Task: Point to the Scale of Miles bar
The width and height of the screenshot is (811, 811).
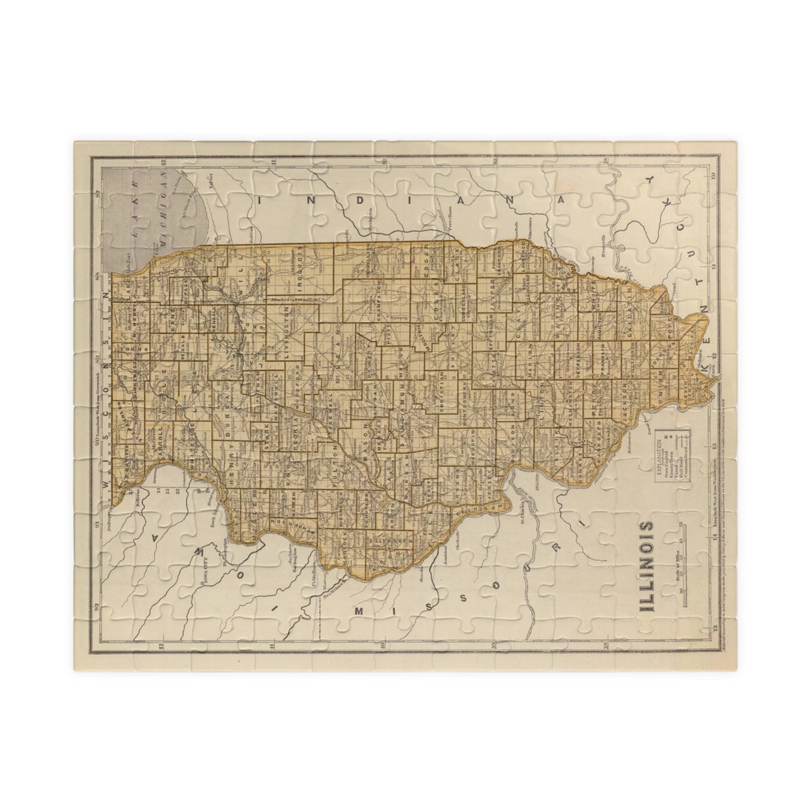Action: pyautogui.click(x=683, y=559)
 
